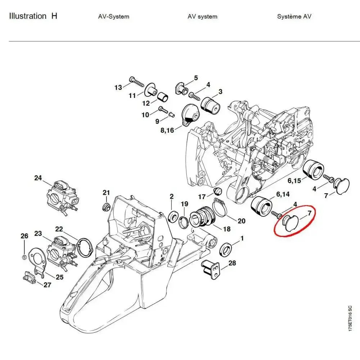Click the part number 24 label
pos(38,178)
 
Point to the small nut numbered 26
pos(24,256)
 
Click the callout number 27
pos(47,285)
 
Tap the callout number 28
pos(232,263)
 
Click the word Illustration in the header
pos(28,16)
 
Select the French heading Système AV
pos(294,17)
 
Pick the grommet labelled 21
pos(106,207)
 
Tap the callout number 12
pos(146,103)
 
